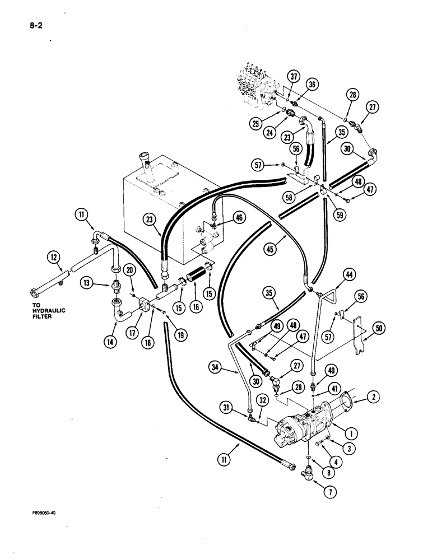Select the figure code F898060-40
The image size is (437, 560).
click(44, 511)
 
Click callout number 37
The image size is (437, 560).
click(294, 77)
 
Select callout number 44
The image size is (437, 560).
click(349, 274)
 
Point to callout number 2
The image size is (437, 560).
click(374, 398)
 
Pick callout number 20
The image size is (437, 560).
click(129, 270)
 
